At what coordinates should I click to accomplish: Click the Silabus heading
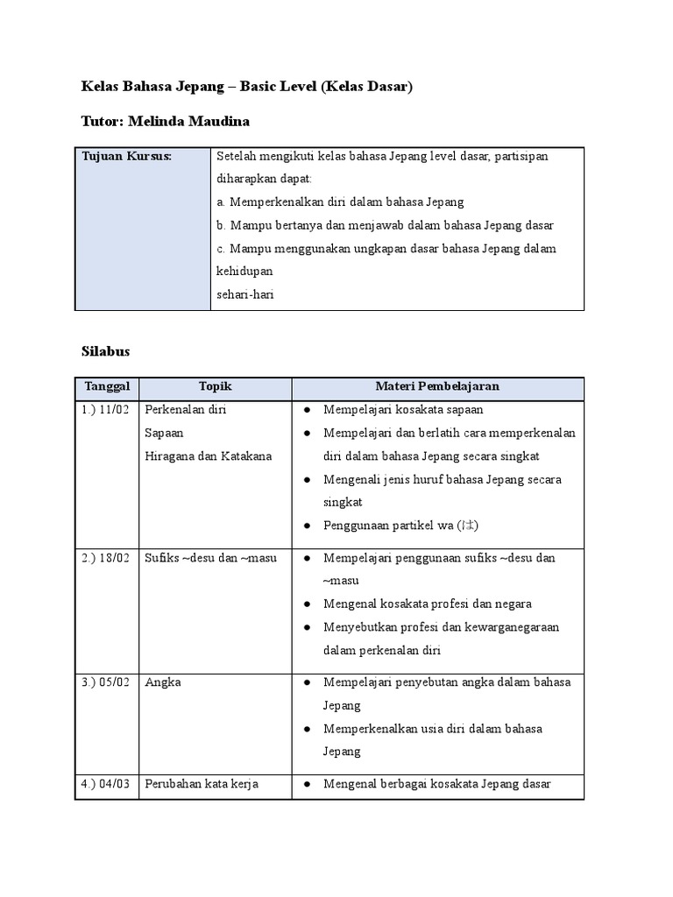tap(105, 351)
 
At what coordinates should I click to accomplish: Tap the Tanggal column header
tap(107, 386)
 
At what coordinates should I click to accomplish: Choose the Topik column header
tap(215, 386)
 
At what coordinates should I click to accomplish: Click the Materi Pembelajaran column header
tap(437, 386)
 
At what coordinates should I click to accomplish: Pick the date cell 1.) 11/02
tap(106, 409)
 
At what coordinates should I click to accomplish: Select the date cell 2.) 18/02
tap(106, 558)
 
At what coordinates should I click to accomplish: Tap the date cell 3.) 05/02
tap(106, 682)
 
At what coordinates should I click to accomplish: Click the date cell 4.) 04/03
tap(106, 784)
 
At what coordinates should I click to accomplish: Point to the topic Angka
tap(163, 682)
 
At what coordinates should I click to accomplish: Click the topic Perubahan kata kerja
tap(202, 784)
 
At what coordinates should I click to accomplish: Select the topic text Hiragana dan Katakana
tap(209, 456)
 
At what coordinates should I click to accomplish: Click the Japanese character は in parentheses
tap(469, 526)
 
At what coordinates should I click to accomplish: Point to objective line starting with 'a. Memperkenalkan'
tap(340, 201)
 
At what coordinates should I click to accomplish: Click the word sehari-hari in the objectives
tap(244, 294)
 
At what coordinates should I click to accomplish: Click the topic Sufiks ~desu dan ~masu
tap(210, 558)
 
